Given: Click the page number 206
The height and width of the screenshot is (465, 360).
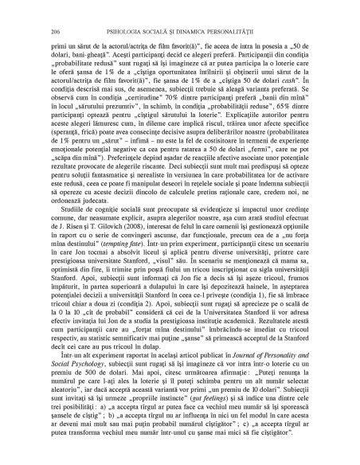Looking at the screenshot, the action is pos(53,31).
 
